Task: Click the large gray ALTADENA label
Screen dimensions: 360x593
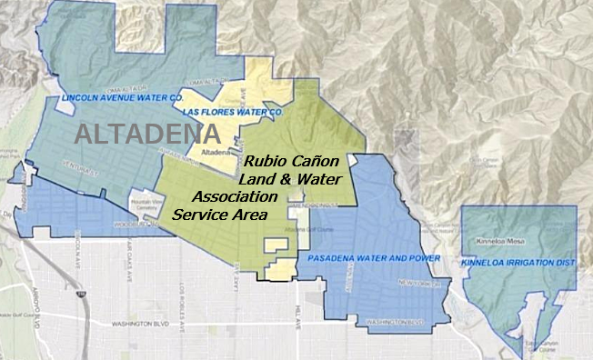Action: tap(148, 135)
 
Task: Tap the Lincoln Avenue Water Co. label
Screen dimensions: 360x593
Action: tap(124, 95)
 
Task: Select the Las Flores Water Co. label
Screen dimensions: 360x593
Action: tap(235, 111)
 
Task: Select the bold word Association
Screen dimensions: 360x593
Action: tap(235, 197)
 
